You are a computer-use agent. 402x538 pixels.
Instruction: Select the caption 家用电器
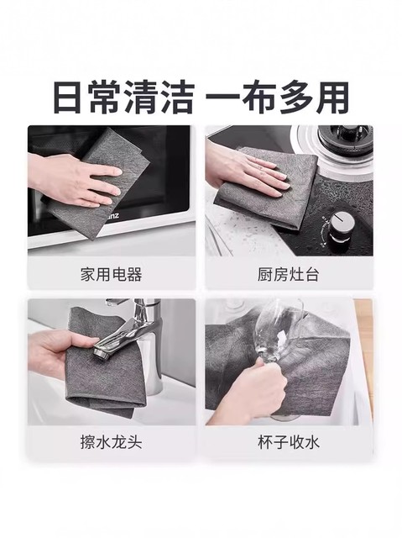coord(112,274)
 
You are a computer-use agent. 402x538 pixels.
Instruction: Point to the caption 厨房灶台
coord(289,274)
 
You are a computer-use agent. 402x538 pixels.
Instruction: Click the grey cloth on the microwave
coord(117,156)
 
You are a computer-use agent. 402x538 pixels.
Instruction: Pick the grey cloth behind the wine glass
coord(327,361)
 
